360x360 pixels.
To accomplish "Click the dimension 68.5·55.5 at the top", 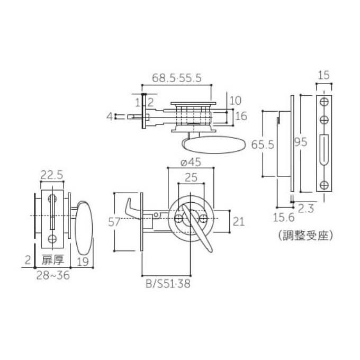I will pyautogui.click(x=176, y=77).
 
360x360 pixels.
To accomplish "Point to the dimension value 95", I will pyautogui.click(x=301, y=141).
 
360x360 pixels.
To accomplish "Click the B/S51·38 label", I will pyautogui.click(x=167, y=283).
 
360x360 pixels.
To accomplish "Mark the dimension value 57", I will pyautogui.click(x=114, y=222).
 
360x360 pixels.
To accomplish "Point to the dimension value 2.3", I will pyautogui.click(x=307, y=208).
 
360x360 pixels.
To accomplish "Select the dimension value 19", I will pyautogui.click(x=82, y=260).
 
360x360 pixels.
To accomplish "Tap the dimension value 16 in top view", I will pyautogui.click(x=241, y=116).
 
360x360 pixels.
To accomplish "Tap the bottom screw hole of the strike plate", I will pyautogui.click(x=324, y=184).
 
